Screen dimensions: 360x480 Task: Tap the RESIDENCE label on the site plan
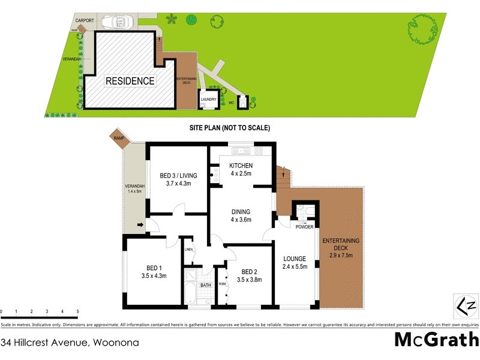point(130,81)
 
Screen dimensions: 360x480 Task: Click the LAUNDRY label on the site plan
point(208,100)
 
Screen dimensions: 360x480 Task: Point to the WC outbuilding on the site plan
point(242,103)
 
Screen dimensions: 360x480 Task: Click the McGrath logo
point(436,340)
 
